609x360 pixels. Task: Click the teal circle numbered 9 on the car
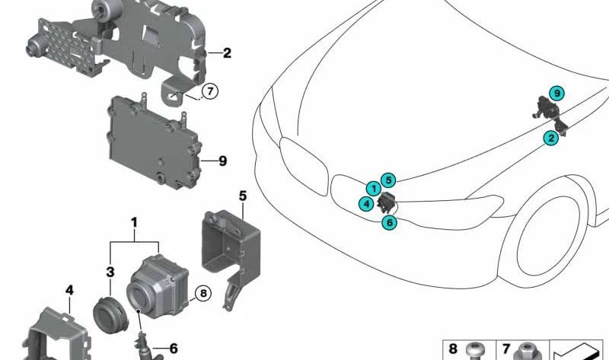tap(557, 93)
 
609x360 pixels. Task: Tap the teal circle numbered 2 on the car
tap(550, 138)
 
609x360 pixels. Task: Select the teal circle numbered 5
tap(388, 180)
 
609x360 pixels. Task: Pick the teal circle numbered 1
tap(374, 189)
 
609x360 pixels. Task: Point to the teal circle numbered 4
tap(366, 202)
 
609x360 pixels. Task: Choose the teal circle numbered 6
tap(390, 222)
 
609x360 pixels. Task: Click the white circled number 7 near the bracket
tap(210, 91)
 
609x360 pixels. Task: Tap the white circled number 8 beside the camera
tap(203, 293)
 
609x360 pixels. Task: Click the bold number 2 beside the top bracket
tap(227, 53)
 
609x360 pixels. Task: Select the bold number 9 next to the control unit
tap(222, 161)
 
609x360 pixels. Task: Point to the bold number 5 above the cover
tap(243, 196)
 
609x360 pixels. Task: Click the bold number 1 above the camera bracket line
tap(134, 223)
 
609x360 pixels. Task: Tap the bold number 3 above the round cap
tap(110, 272)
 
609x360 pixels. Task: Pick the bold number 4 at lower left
tap(69, 290)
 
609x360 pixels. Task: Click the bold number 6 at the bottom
tap(174, 349)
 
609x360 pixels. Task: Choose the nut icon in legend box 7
tap(527, 352)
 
